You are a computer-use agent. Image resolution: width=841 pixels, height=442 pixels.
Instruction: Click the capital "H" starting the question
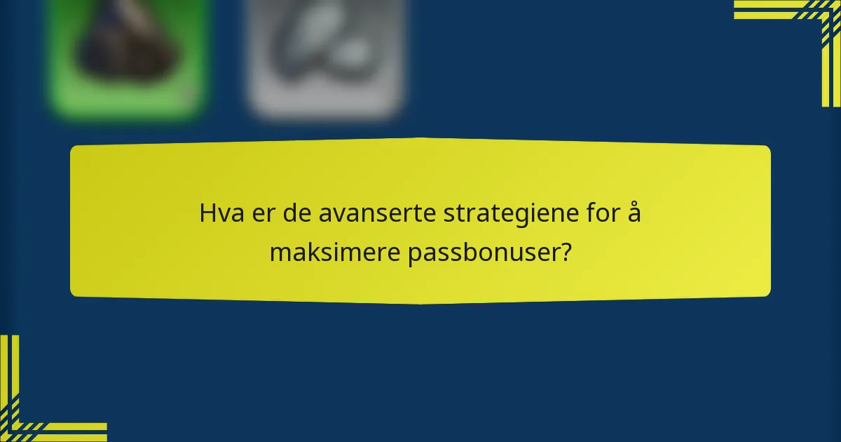point(208,213)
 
